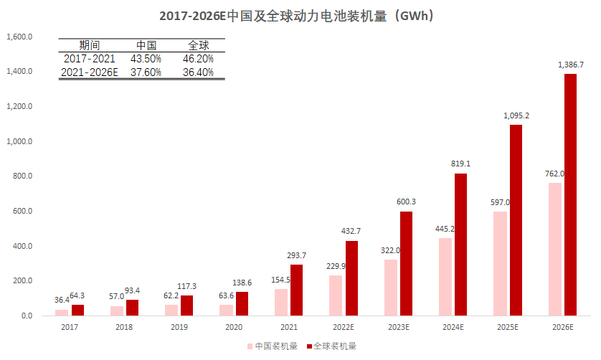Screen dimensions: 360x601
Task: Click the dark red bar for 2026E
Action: coord(570,194)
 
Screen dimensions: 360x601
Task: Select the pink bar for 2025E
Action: coord(500,263)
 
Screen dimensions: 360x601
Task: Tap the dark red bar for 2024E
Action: coord(460,244)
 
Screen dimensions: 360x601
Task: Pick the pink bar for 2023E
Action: coord(390,287)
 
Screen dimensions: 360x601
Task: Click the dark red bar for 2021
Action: coord(295,290)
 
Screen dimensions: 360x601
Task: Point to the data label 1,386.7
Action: coord(570,65)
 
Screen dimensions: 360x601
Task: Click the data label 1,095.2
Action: coord(516,115)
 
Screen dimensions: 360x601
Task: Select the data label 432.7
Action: coord(351,231)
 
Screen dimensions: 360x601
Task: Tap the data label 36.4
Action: coord(62,300)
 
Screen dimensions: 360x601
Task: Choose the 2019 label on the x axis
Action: coord(179,327)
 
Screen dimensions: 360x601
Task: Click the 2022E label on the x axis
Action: coord(344,327)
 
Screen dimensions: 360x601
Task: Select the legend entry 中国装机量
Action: coord(272,346)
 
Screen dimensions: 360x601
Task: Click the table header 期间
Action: coord(89,45)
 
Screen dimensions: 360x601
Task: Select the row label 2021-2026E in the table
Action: coord(90,72)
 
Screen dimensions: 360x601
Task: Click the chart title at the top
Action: coord(300,15)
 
